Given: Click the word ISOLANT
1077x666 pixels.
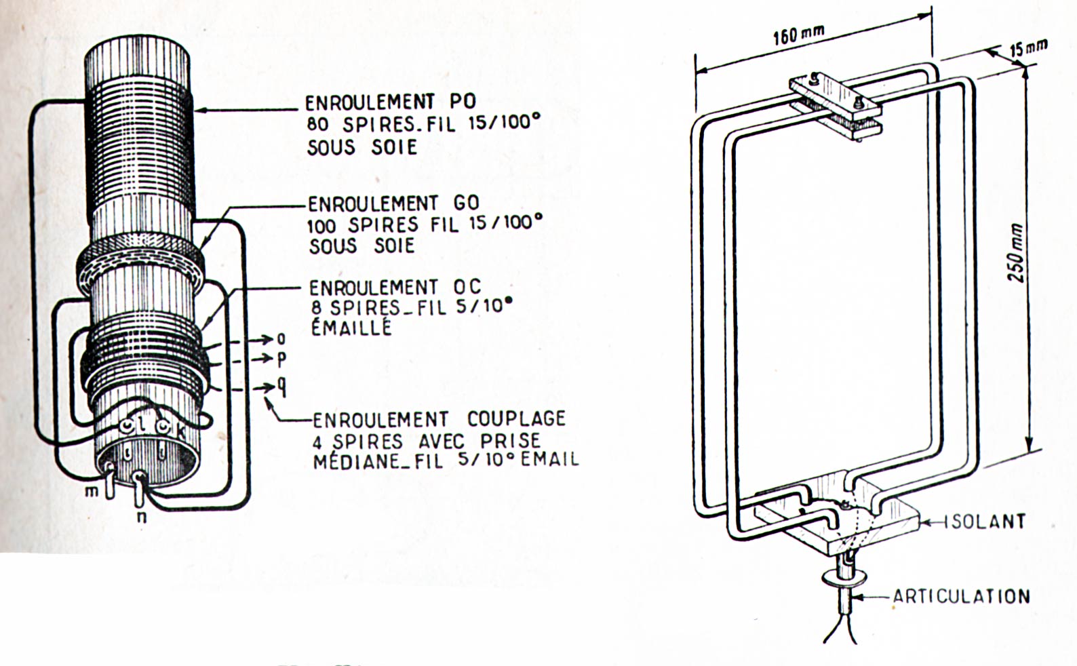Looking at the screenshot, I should click(984, 522).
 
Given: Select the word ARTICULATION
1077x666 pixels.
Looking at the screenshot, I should click(961, 596).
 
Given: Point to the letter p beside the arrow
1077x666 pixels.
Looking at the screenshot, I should click(282, 359).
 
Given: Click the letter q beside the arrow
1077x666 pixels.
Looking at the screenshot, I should click(282, 388).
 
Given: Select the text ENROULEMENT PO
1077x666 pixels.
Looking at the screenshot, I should click(390, 102).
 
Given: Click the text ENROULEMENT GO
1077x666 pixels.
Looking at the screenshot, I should click(393, 203).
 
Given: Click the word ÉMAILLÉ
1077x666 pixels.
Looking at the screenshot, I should click(351, 328).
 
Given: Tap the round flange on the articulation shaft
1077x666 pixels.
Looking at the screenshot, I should click(844, 579).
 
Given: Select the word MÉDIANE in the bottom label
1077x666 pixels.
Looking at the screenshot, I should click(354, 461).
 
